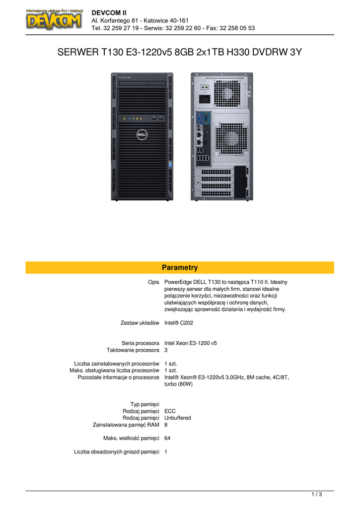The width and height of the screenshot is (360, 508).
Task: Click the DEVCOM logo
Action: (54, 19)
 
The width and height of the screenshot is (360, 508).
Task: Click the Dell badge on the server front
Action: (142, 134)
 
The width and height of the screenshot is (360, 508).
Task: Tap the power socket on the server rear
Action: (204, 99)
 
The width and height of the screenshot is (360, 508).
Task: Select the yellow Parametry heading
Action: (180, 267)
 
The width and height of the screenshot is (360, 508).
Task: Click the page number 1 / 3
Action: (316, 495)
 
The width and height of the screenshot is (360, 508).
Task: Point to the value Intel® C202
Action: (179, 323)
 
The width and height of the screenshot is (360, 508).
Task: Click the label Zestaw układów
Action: (140, 323)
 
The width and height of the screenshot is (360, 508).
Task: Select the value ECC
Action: (170, 411)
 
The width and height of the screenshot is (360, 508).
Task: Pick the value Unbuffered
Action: (178, 418)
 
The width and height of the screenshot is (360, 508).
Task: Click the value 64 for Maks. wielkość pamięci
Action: (167, 439)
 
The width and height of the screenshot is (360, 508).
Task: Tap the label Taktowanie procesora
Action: (133, 350)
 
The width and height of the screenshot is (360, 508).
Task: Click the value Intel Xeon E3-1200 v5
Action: (191, 343)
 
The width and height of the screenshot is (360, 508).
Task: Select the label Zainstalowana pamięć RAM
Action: (126, 425)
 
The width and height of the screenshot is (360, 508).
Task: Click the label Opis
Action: (154, 282)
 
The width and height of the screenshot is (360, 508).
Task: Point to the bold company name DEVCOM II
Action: (109, 13)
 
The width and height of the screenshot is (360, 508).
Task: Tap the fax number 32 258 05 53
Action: (237, 28)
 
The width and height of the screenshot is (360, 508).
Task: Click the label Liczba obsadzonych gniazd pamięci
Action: (116, 452)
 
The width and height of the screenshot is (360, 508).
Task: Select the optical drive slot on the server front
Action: (143, 83)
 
